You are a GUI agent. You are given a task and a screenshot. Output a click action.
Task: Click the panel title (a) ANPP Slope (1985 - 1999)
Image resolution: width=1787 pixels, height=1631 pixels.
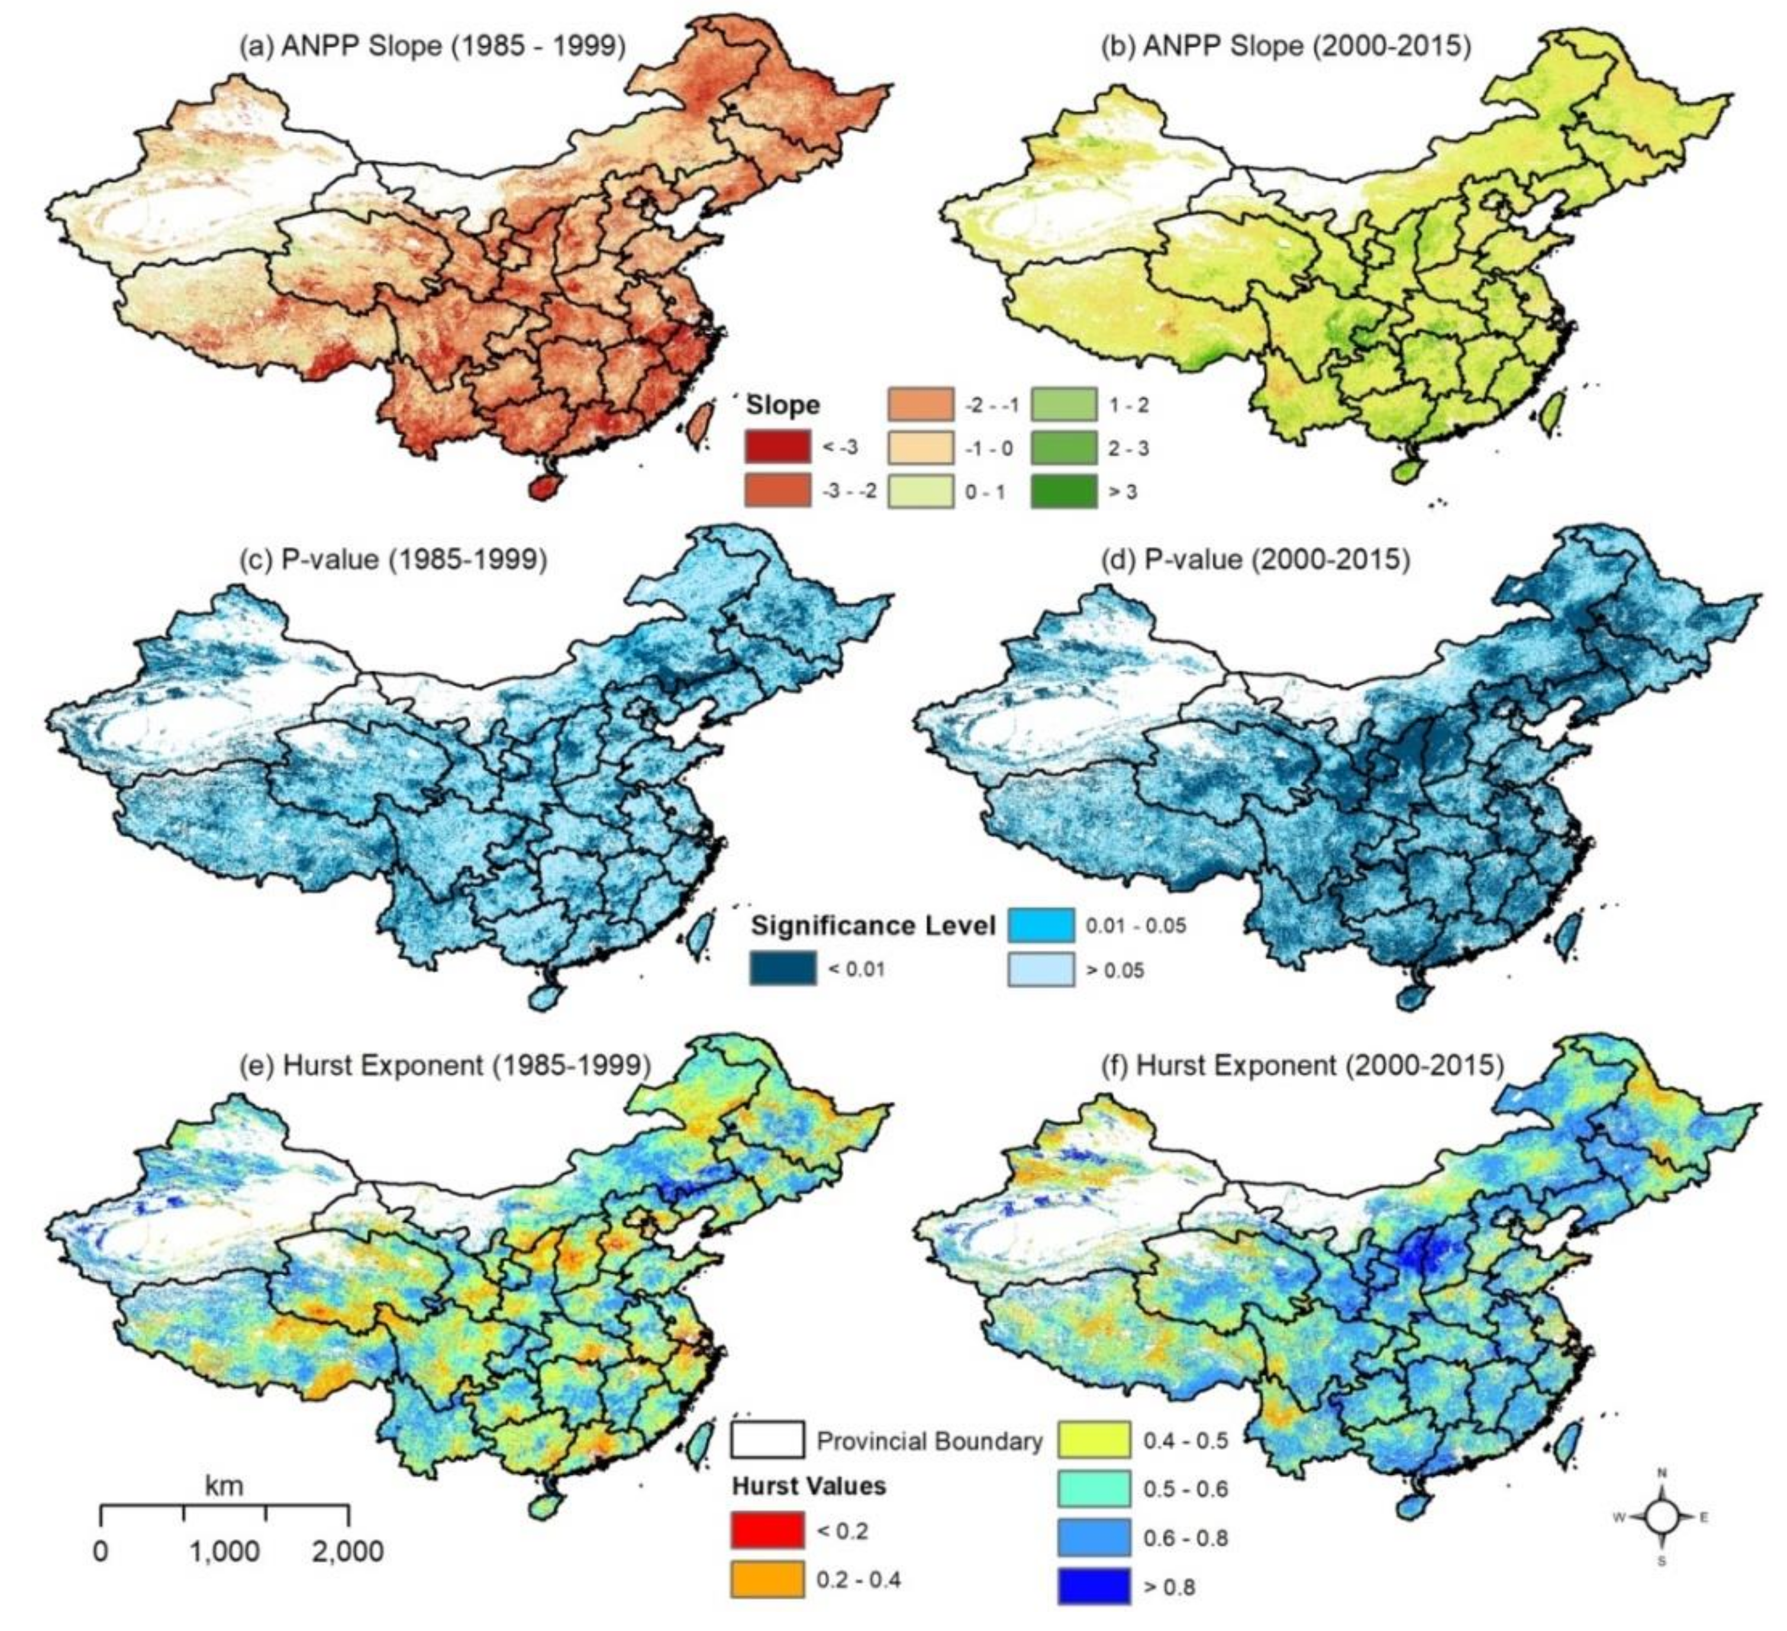(432, 45)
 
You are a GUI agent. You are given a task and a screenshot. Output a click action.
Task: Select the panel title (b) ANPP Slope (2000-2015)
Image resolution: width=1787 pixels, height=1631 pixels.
(1285, 45)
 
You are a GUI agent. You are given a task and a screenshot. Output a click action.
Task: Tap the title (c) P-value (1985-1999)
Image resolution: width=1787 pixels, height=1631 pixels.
(393, 559)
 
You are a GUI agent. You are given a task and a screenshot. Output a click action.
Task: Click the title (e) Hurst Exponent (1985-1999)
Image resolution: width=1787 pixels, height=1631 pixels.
(445, 1065)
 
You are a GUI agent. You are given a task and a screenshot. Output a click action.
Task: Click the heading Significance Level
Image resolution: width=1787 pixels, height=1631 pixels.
(874, 926)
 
